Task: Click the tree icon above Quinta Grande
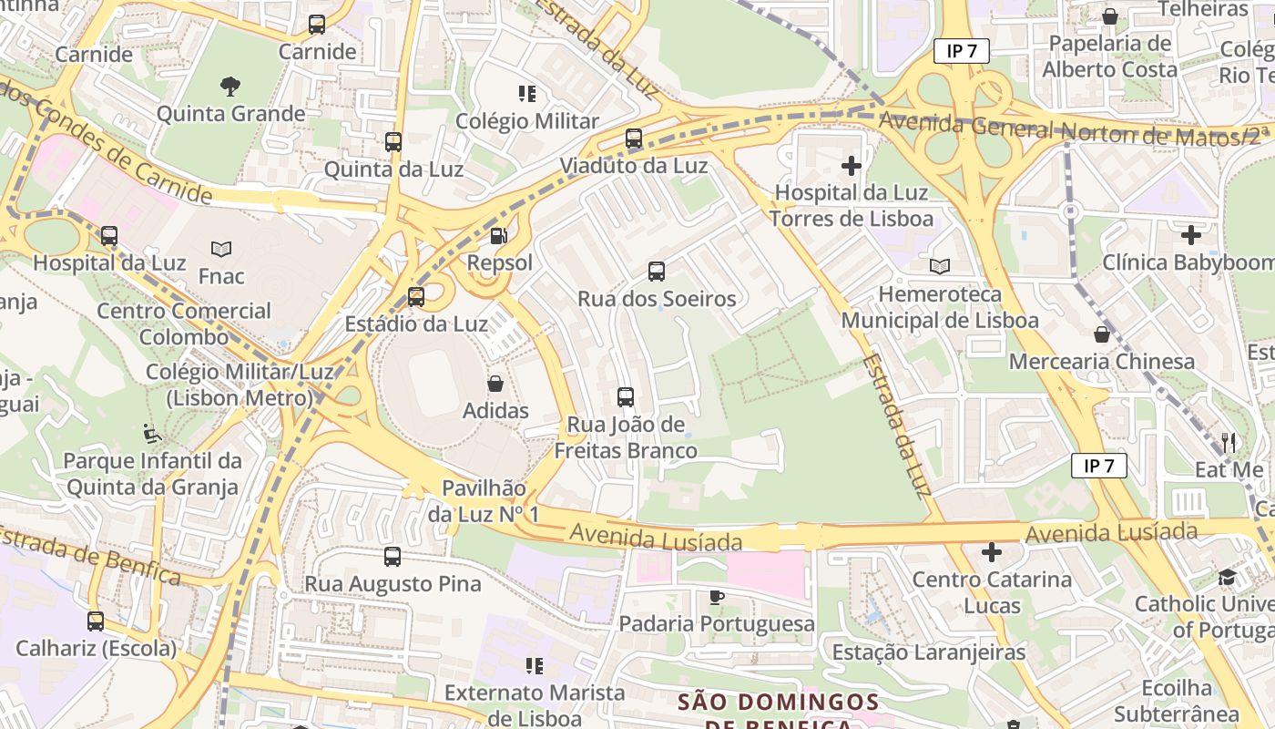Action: pos(230,87)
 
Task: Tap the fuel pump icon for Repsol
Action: pos(499,236)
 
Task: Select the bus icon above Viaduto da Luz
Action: pos(634,139)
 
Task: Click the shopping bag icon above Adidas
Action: pos(495,384)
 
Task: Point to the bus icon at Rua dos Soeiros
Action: pos(657,271)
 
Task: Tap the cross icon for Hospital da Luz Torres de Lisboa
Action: pos(852,166)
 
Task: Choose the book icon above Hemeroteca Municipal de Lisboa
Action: pos(940,266)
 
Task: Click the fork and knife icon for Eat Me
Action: pos(1229,443)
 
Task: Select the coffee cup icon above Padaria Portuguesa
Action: pos(717,597)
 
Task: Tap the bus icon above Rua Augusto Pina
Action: pos(393,556)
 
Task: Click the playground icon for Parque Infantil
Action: pos(152,433)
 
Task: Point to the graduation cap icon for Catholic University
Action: pos(1228,577)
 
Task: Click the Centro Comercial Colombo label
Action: pos(184,323)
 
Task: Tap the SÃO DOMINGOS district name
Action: pos(778,703)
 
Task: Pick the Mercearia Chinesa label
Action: pos(1102,362)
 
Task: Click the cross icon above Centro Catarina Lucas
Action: pos(992,552)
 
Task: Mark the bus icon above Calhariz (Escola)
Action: pos(96,621)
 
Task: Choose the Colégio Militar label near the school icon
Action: pos(527,121)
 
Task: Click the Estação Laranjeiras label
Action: pos(929,652)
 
